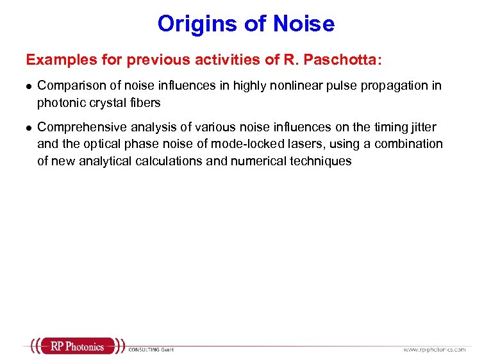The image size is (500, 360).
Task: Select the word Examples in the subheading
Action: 54,60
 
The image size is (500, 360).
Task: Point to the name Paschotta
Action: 346,60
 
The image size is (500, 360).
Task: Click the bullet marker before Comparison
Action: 28,86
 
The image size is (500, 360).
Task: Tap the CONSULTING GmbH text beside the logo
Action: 151,349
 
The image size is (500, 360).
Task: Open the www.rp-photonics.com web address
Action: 434,349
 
